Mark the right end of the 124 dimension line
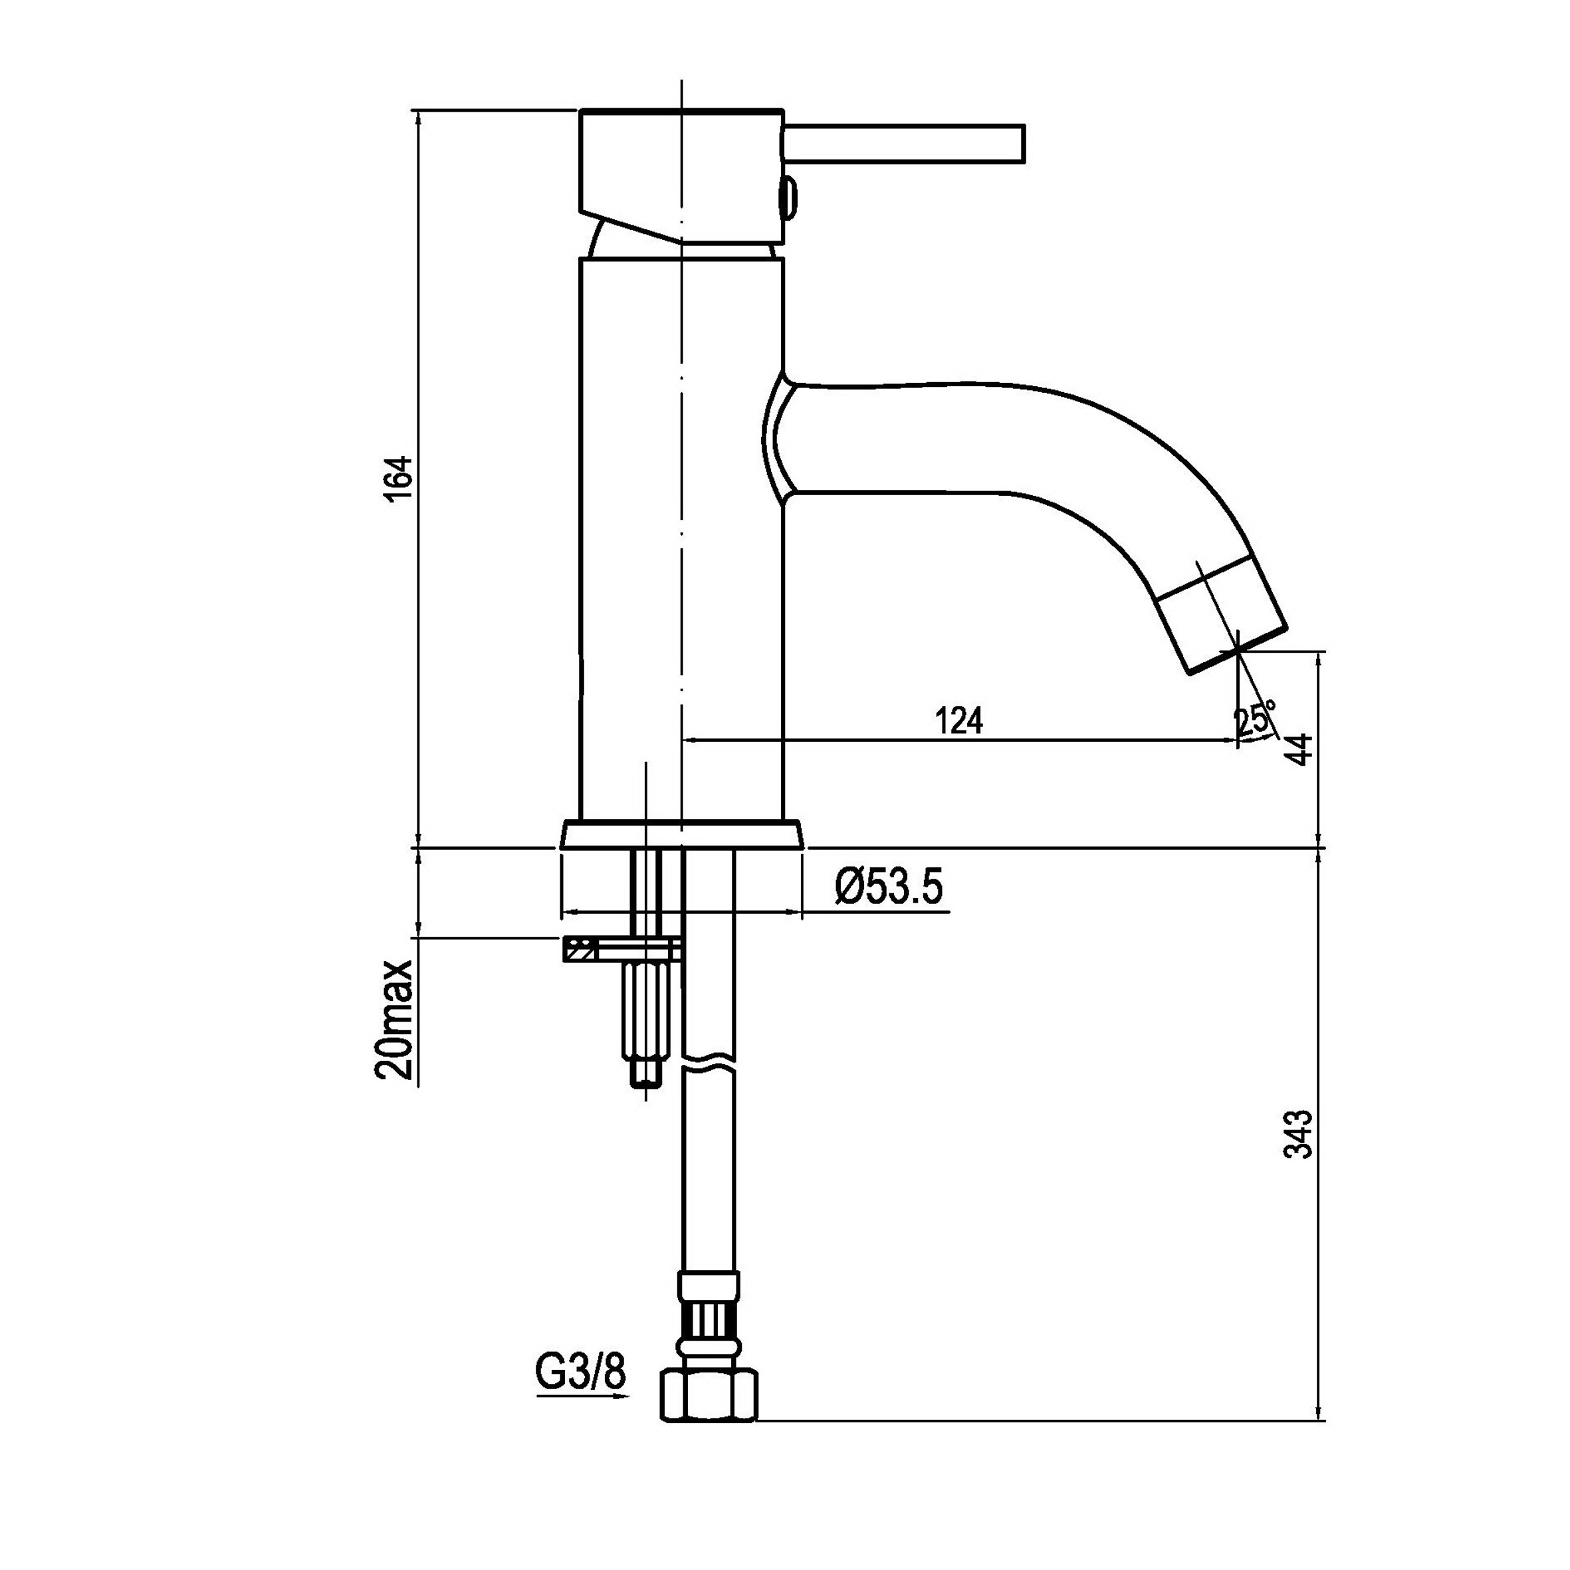(1238, 740)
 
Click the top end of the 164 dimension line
(419, 110)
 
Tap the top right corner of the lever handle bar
(1026, 126)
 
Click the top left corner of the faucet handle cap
(581, 110)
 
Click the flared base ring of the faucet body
(681, 835)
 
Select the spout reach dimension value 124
(960, 720)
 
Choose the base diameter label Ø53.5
(888, 886)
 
